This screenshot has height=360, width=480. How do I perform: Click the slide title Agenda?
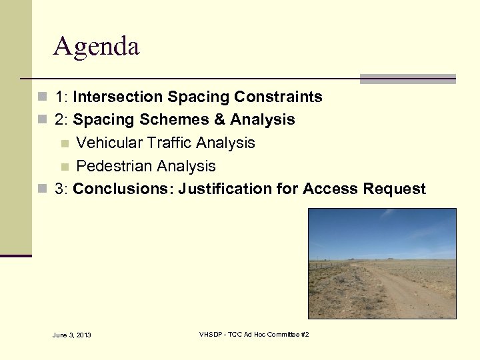coord(96,47)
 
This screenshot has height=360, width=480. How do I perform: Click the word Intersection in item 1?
coord(118,97)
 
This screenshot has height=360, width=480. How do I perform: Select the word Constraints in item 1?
coord(280,97)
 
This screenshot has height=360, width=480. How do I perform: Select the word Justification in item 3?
coord(219,189)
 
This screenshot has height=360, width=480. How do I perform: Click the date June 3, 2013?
coord(71,335)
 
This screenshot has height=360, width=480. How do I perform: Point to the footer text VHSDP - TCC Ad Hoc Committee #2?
coord(254,334)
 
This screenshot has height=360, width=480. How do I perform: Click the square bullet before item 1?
coord(43,97)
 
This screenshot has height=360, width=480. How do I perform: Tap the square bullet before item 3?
coord(43,189)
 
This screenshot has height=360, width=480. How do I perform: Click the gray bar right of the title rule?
coord(407,79)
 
